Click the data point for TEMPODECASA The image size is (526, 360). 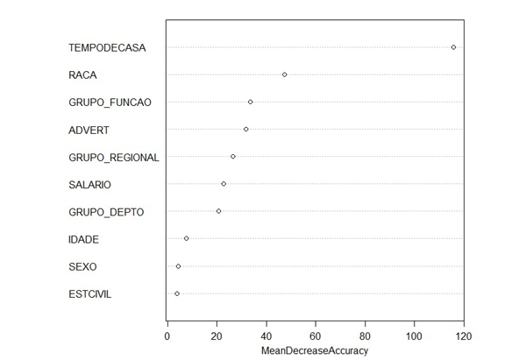point(453,47)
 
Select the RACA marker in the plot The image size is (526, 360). point(284,74)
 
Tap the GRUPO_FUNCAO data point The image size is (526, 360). point(250,102)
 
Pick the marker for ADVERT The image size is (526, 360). point(245,129)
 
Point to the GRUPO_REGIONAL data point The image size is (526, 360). point(233,157)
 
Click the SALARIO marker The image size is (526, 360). point(224,184)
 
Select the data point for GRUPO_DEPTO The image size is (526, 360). point(218,211)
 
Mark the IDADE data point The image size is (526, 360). point(187,238)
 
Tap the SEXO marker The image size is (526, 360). point(179,266)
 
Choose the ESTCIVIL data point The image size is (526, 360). point(177,293)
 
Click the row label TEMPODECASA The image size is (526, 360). point(107,48)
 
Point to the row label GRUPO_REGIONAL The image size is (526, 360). point(114,157)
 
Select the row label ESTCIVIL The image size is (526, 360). point(90,294)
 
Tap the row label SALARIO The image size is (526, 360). point(89,185)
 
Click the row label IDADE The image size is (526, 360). point(83,239)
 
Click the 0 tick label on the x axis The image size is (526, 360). point(167,336)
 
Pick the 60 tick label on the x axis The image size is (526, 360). point(316,336)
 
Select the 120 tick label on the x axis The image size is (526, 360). point(464,336)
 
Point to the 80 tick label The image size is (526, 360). point(365,336)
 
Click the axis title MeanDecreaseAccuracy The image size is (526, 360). point(315,350)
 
